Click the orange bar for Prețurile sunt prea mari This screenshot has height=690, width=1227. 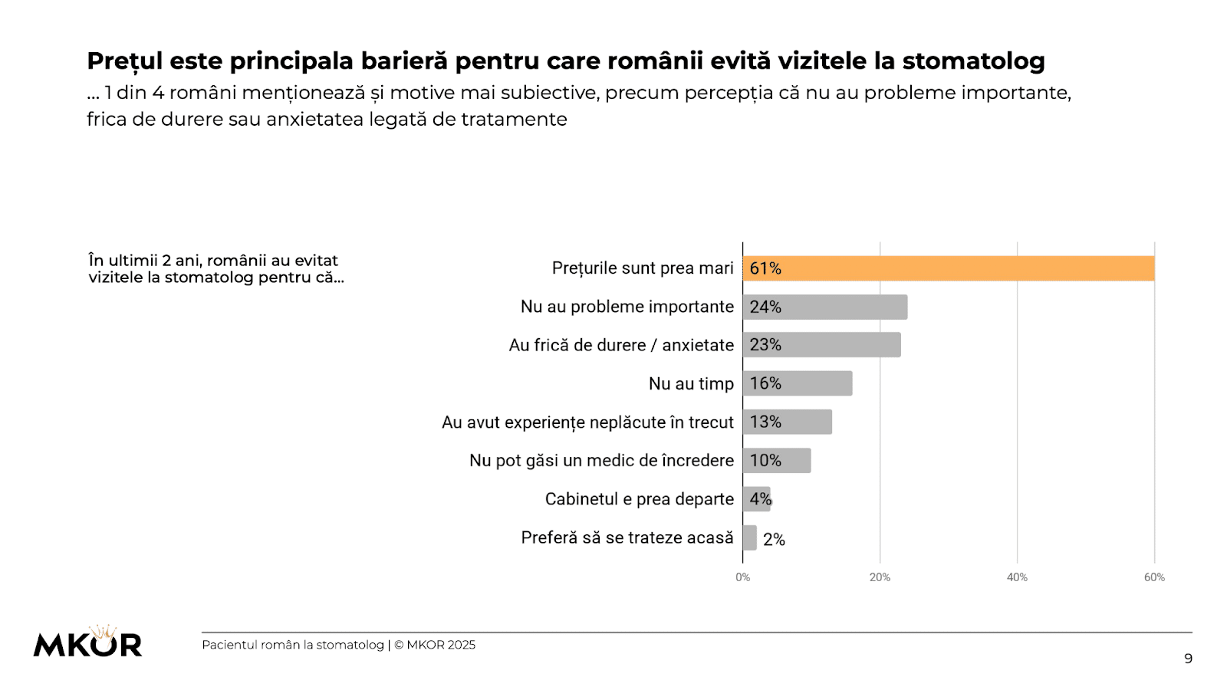(948, 268)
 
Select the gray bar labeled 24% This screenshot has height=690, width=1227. (825, 307)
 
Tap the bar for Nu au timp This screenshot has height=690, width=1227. (798, 383)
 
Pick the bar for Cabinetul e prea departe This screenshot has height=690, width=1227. (756, 499)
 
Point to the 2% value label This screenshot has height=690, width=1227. (774, 540)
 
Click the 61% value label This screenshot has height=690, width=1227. (765, 268)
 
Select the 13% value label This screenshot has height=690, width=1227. (765, 422)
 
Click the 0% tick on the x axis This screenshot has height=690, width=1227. (742, 577)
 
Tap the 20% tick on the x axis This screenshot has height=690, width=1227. (880, 577)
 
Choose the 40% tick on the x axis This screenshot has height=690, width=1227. (1017, 577)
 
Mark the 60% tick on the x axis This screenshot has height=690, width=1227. (1154, 577)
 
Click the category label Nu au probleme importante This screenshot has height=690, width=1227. (627, 307)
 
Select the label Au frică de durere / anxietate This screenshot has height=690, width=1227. (621, 346)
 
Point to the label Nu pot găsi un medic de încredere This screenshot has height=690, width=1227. (601, 461)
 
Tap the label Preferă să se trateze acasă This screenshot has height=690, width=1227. (627, 537)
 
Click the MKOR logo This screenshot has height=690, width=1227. (87, 642)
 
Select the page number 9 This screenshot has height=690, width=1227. (1188, 659)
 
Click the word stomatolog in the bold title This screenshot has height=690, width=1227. (973, 61)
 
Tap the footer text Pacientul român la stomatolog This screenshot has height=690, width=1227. (292, 645)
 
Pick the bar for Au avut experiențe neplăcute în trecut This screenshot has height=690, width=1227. (788, 422)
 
